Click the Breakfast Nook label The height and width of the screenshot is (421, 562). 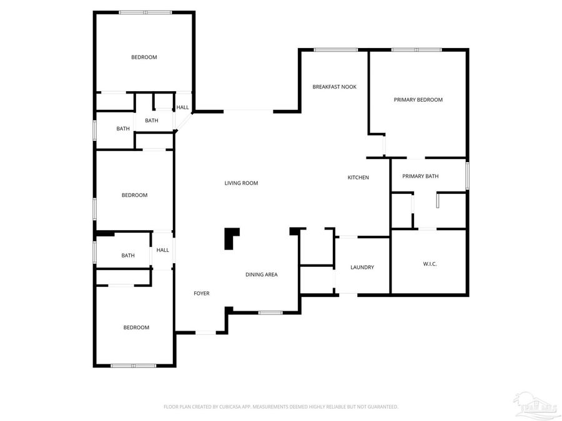pos(334,87)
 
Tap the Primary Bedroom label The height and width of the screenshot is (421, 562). pos(418,100)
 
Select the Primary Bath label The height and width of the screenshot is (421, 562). pos(420,177)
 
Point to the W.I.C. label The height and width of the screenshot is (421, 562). pos(430,264)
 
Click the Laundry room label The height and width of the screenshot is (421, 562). pos(362,268)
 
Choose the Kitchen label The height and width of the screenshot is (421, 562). pos(358,178)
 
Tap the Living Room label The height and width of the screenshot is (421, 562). pos(241,183)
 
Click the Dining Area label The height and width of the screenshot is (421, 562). pos(261,274)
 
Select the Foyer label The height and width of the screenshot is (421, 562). pos(201,293)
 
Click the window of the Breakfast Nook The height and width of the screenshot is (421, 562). pos(336,50)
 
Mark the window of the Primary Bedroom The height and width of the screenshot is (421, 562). pos(417,50)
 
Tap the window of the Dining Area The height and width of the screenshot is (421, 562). pos(270,312)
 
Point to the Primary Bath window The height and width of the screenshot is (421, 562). pos(467,175)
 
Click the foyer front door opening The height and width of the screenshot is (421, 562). pos(206,333)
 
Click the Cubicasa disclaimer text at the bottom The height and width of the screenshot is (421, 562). pos(280,407)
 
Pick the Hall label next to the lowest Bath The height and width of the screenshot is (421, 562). pos(163,250)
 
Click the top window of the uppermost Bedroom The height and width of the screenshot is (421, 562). pos(145,12)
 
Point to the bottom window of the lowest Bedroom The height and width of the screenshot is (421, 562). pos(134,365)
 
